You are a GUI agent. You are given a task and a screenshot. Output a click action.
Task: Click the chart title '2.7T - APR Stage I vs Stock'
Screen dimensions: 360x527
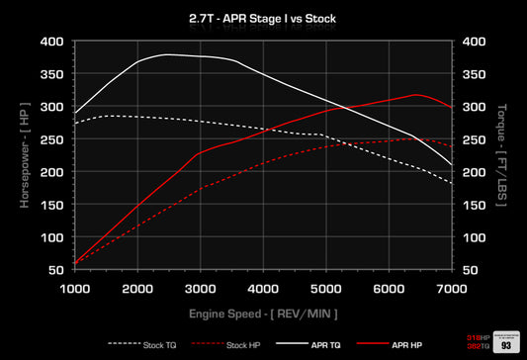(x=263, y=18)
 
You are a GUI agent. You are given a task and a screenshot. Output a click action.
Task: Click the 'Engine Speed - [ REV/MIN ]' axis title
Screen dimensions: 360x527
(x=263, y=313)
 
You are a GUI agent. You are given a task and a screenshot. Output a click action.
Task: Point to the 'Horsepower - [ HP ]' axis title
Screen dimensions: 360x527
(x=25, y=156)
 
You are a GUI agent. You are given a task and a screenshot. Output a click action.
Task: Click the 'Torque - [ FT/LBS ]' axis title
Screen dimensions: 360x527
(x=501, y=156)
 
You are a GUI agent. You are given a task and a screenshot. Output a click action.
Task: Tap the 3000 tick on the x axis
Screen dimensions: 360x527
(x=200, y=287)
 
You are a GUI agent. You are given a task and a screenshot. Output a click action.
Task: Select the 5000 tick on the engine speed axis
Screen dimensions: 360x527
(x=326, y=287)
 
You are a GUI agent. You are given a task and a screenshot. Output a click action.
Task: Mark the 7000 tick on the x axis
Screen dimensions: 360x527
(x=452, y=287)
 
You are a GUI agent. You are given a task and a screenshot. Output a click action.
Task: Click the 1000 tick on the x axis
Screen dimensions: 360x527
(x=74, y=287)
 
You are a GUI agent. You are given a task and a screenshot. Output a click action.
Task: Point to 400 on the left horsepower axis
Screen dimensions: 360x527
(x=51, y=43)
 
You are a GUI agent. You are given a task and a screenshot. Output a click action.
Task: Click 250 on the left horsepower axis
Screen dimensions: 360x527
(x=51, y=139)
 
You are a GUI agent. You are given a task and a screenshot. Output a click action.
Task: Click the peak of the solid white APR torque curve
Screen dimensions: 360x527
(x=168, y=54)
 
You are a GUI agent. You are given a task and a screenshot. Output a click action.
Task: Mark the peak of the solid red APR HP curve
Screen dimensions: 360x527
(x=417, y=95)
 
